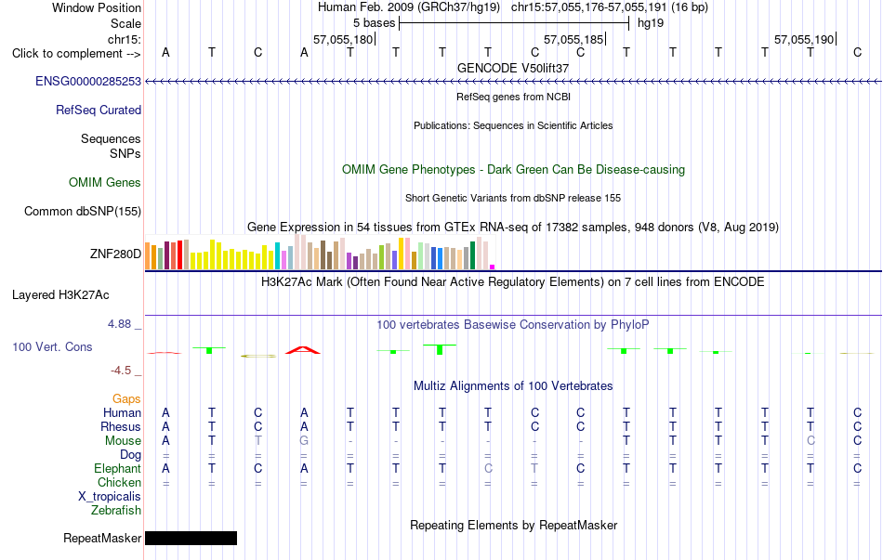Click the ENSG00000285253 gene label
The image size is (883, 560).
tap(88, 81)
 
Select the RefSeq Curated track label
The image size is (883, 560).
tap(99, 110)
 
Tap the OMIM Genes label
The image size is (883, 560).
tap(105, 182)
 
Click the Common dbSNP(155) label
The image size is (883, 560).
tap(83, 211)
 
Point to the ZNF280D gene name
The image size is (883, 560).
tap(115, 254)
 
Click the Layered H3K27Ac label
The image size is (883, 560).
tap(60, 295)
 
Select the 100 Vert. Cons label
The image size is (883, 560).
tap(52, 346)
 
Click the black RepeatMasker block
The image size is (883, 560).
tap(191, 538)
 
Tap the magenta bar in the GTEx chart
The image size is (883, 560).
tap(493, 267)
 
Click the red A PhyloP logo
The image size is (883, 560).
tap(303, 350)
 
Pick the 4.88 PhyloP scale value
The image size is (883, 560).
tap(119, 324)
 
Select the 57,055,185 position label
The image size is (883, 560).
tap(573, 39)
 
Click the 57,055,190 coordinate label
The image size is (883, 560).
tap(804, 39)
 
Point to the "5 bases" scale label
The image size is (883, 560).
tap(374, 23)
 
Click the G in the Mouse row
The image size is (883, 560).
tap(304, 441)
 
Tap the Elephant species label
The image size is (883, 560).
tap(118, 468)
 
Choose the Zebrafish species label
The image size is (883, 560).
tap(116, 511)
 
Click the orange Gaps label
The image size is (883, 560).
tap(126, 399)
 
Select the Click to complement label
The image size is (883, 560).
tap(76, 54)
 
